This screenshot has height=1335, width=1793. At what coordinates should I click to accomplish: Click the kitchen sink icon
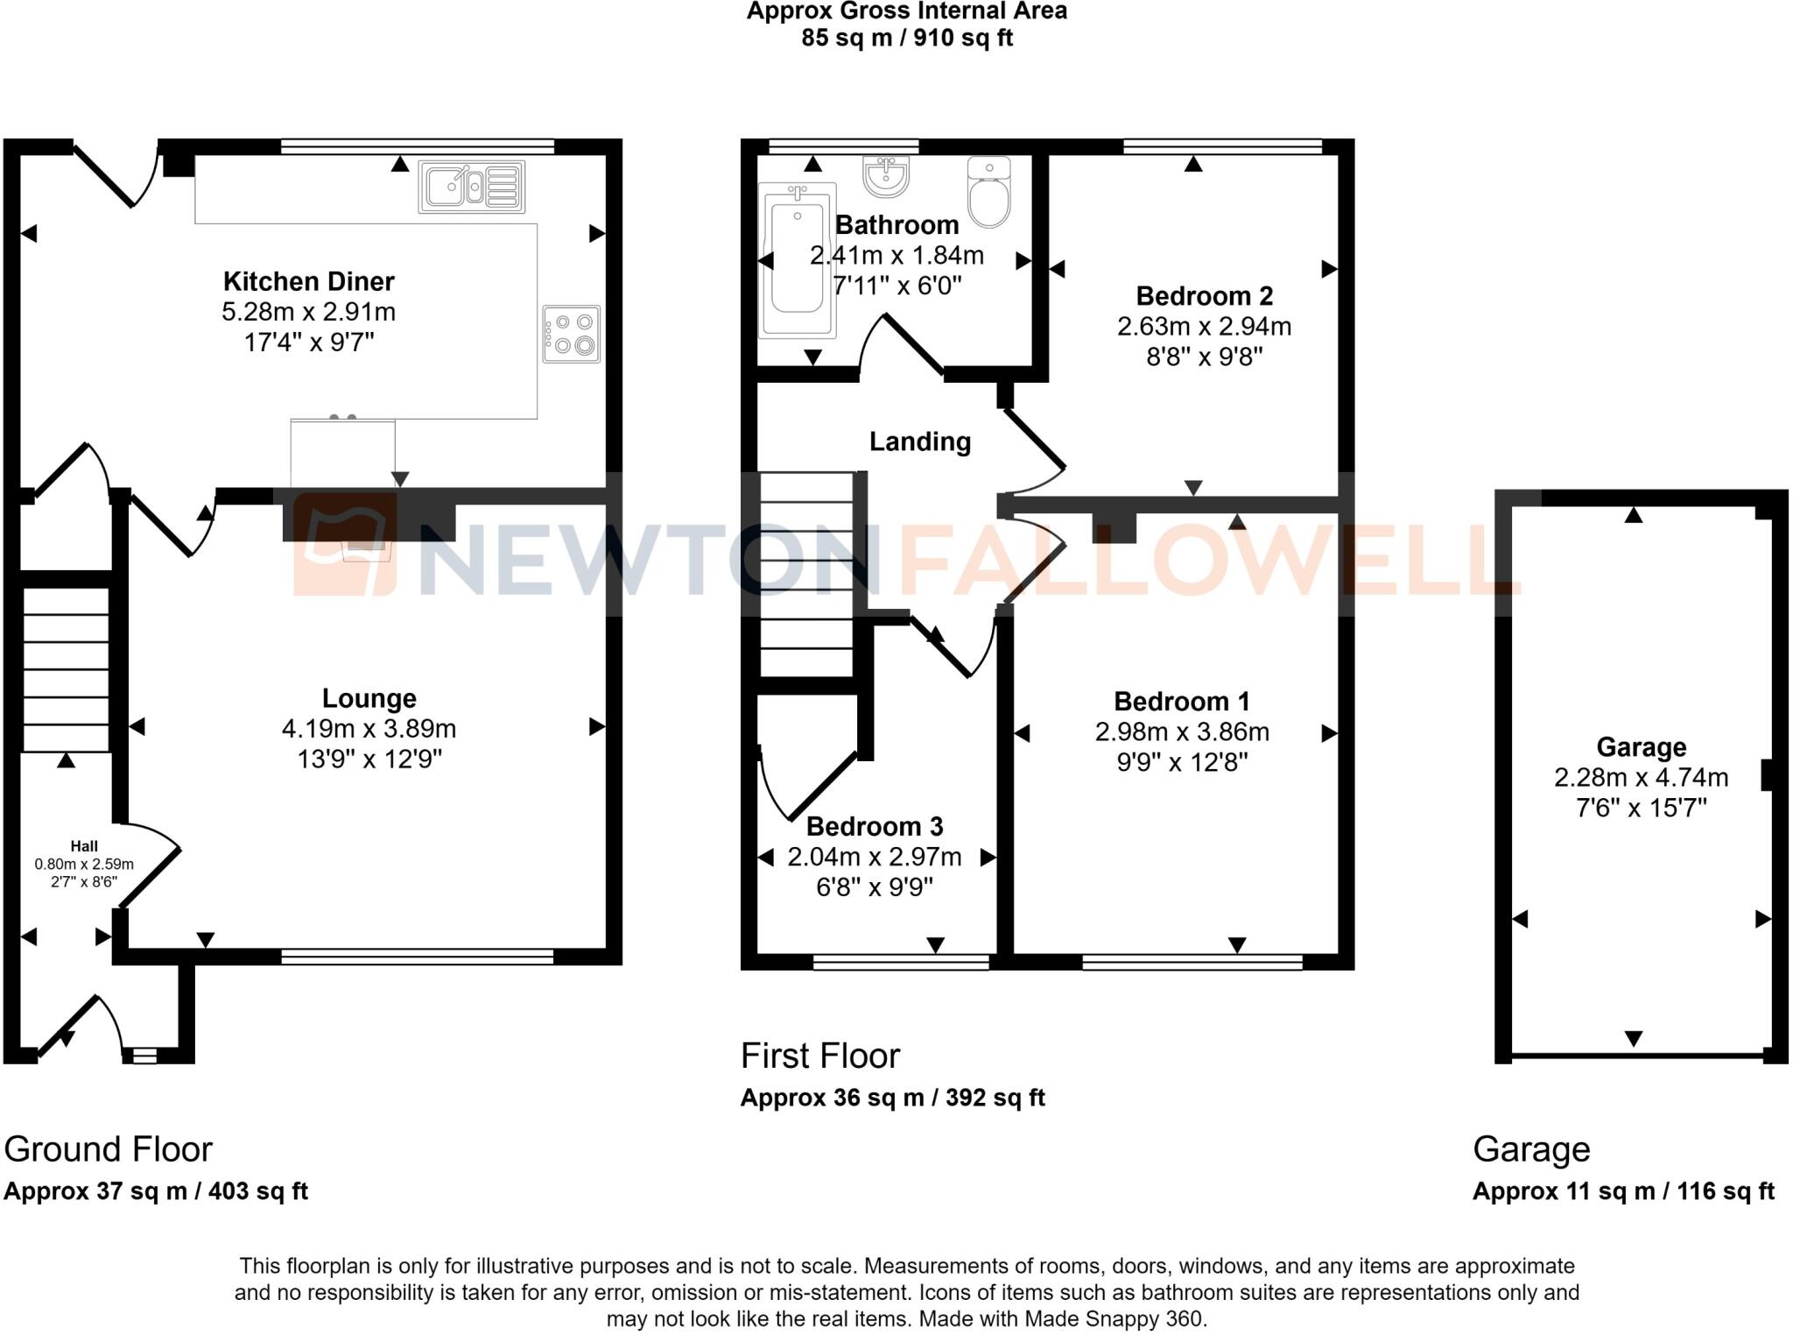tap(471, 187)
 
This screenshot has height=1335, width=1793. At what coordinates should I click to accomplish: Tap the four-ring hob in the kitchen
tap(571, 334)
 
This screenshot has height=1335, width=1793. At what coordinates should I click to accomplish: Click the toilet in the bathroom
tap(989, 193)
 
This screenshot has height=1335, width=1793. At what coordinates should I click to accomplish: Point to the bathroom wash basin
tap(886, 175)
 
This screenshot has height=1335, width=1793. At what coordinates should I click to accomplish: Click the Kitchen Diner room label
tap(308, 281)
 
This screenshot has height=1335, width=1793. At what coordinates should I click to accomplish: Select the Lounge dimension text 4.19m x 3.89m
tap(369, 728)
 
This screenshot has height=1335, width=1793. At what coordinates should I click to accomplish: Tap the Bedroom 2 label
tap(1204, 295)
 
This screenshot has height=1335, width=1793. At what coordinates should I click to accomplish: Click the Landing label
tap(919, 441)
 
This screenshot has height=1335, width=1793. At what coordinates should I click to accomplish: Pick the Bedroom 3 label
tap(874, 826)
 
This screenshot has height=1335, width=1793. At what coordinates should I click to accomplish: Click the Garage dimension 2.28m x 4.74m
tap(1641, 777)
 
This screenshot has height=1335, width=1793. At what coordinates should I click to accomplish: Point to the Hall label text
tap(84, 845)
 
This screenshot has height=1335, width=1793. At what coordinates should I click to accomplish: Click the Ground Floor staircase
tap(66, 669)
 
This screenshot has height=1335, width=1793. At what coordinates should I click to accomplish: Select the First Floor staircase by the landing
tap(805, 574)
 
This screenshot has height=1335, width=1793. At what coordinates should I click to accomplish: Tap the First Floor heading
tap(819, 1056)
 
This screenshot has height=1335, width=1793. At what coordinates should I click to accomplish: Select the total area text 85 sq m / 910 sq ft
tap(906, 38)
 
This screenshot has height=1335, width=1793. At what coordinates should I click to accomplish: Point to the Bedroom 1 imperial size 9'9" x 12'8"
tap(1181, 762)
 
